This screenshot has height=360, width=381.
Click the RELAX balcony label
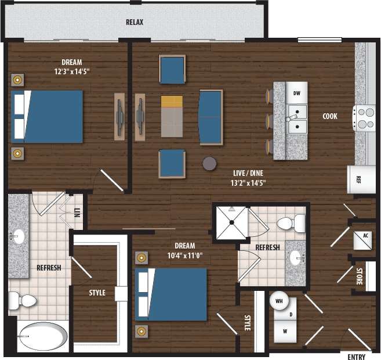click(x=135, y=23)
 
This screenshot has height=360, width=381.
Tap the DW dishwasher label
click(x=296, y=93)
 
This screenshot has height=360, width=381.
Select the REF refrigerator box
click(x=358, y=179)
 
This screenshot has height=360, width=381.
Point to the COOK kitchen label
click(x=330, y=116)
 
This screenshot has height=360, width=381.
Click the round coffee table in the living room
click(x=209, y=163)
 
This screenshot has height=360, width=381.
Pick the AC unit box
click(x=365, y=236)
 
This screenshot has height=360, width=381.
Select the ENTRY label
click(x=355, y=355)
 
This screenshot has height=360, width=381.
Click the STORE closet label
click(x=360, y=275)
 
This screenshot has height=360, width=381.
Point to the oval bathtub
click(x=42, y=336)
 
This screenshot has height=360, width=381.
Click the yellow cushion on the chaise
click(x=172, y=101)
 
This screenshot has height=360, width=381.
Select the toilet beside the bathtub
click(x=22, y=300)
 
